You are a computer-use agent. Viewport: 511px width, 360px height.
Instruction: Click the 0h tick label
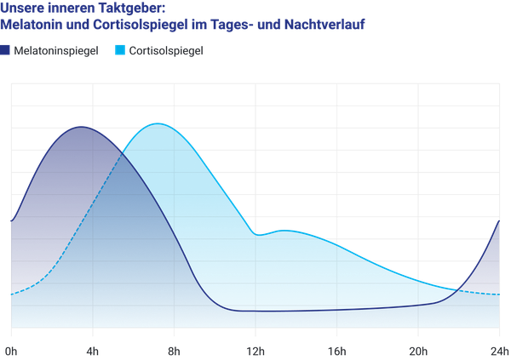coord(11,351)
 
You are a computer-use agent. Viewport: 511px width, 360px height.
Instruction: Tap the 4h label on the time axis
coord(93,351)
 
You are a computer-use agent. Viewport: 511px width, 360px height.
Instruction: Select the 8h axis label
coord(174,351)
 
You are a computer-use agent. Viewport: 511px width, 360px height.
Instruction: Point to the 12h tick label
coord(255,351)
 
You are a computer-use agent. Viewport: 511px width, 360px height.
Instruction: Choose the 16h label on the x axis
coord(337,351)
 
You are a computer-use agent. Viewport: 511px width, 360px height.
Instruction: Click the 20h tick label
coord(418,351)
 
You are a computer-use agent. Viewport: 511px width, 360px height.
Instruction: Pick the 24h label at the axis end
coord(500,351)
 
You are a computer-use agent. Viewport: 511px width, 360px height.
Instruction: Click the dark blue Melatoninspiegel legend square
coord(5,50)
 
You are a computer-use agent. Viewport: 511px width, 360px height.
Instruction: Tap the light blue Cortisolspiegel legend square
coord(120,50)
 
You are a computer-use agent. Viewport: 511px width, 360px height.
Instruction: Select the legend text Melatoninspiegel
coord(56,51)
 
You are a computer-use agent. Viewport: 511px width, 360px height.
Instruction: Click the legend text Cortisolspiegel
coord(166,51)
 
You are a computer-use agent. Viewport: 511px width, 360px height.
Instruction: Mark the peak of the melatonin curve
coord(81,127)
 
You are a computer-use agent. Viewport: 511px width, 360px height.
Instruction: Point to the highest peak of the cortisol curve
coord(158,123)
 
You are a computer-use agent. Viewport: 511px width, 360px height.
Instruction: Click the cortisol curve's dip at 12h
coord(257,235)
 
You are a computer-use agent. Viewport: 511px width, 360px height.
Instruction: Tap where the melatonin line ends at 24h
coord(499,221)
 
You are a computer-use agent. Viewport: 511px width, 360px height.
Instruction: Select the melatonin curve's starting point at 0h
coord(11,221)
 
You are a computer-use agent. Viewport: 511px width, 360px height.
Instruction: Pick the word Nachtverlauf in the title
coord(324,25)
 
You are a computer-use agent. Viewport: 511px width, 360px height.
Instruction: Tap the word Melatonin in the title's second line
coord(32,25)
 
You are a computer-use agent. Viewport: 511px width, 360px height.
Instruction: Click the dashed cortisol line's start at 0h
coord(11,294)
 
